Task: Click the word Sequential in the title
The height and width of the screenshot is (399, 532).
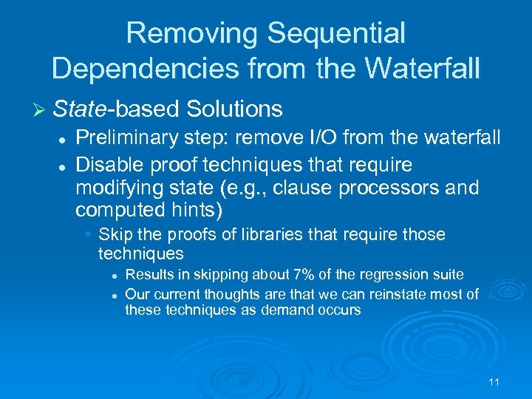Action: point(336,33)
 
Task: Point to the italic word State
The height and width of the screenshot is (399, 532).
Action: point(81,109)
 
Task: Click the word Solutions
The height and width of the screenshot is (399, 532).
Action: point(235,109)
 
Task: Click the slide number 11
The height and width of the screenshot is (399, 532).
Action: point(494,382)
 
